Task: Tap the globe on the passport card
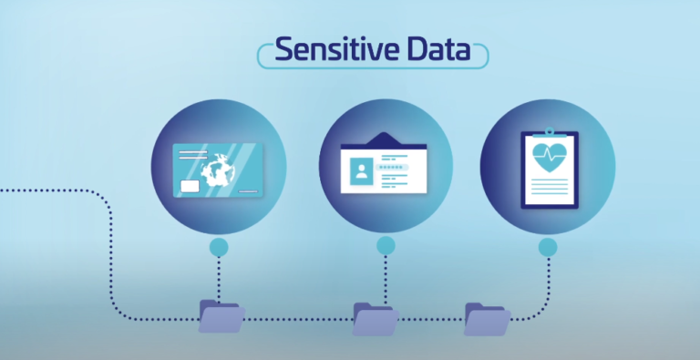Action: [220, 173]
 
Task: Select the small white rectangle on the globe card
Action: [192, 187]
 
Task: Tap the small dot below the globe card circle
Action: [219, 247]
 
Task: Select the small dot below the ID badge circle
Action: [386, 245]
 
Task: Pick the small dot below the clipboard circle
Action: [548, 247]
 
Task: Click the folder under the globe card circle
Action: [221, 316]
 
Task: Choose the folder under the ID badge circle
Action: [376, 319]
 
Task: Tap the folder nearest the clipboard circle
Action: [487, 318]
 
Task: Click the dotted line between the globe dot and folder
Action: [219, 278]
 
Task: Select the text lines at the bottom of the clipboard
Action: [548, 187]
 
